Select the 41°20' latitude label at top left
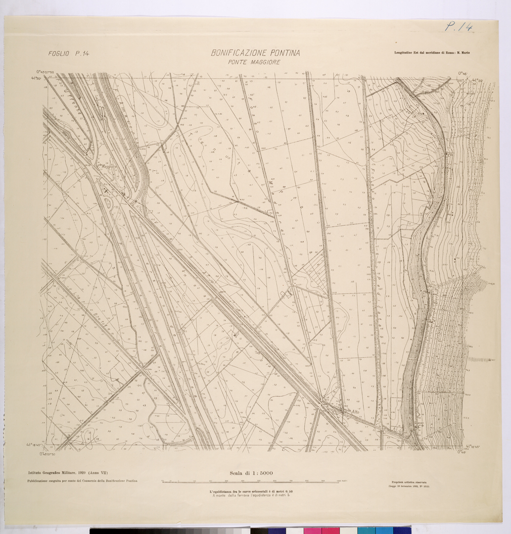36,79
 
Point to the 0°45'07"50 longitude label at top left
48,72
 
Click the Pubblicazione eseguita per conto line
82,481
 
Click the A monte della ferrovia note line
251,496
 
